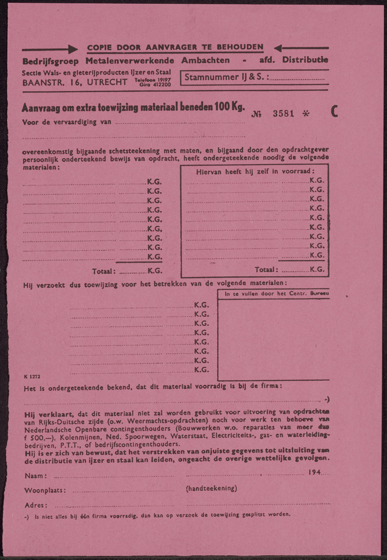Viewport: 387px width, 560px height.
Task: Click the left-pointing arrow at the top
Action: point(301,48)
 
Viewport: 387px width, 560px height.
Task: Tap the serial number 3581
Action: point(283,113)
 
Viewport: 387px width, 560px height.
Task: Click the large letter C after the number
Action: point(334,112)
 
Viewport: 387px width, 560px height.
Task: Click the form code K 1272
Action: point(32,377)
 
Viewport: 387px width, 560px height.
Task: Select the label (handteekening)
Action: point(211,488)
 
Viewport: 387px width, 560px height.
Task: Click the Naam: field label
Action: point(35,475)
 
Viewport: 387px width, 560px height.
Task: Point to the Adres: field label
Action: point(35,505)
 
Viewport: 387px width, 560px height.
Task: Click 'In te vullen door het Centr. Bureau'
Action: point(273,293)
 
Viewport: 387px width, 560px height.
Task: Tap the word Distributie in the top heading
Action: point(305,60)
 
